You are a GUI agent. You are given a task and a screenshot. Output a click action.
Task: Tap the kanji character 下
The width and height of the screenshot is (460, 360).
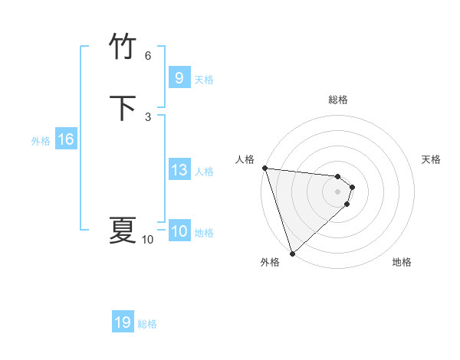point(123,109)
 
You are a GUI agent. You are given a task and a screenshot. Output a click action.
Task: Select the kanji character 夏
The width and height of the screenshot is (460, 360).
point(123,230)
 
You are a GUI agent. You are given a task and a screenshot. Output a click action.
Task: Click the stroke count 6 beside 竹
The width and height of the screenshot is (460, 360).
point(148,56)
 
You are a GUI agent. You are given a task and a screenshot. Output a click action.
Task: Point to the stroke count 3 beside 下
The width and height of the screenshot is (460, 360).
point(148,116)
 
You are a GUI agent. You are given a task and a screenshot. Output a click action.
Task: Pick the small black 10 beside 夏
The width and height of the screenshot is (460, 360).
point(148,240)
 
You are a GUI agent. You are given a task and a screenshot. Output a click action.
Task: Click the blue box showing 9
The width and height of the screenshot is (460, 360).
point(179,78)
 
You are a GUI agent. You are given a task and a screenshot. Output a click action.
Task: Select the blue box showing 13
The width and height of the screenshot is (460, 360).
point(179,171)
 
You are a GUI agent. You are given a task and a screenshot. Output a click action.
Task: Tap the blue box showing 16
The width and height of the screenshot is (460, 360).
point(65,139)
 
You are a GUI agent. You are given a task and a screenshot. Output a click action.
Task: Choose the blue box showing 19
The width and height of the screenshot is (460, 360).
point(123,322)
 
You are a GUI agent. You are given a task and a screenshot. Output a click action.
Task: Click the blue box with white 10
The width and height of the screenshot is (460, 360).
point(179,232)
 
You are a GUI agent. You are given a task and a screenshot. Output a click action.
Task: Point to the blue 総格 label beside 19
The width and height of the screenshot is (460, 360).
point(147,324)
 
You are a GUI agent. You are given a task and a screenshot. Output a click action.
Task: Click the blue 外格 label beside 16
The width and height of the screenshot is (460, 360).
point(41,141)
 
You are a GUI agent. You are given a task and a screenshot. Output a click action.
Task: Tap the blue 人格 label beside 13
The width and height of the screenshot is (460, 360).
point(205,172)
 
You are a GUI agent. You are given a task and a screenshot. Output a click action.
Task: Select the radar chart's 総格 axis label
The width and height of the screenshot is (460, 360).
point(338,100)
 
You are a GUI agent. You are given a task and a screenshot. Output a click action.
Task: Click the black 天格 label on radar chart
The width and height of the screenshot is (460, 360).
point(432,159)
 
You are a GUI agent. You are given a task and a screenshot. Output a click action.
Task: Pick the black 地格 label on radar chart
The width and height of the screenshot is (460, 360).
point(402,262)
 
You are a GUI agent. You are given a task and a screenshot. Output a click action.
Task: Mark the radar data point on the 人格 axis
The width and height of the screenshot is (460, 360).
point(264,168)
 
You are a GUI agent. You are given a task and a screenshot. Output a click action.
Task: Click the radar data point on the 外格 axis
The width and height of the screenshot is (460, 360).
point(291,253)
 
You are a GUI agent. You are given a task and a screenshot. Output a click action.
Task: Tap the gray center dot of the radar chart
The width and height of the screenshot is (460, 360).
point(338,191)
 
